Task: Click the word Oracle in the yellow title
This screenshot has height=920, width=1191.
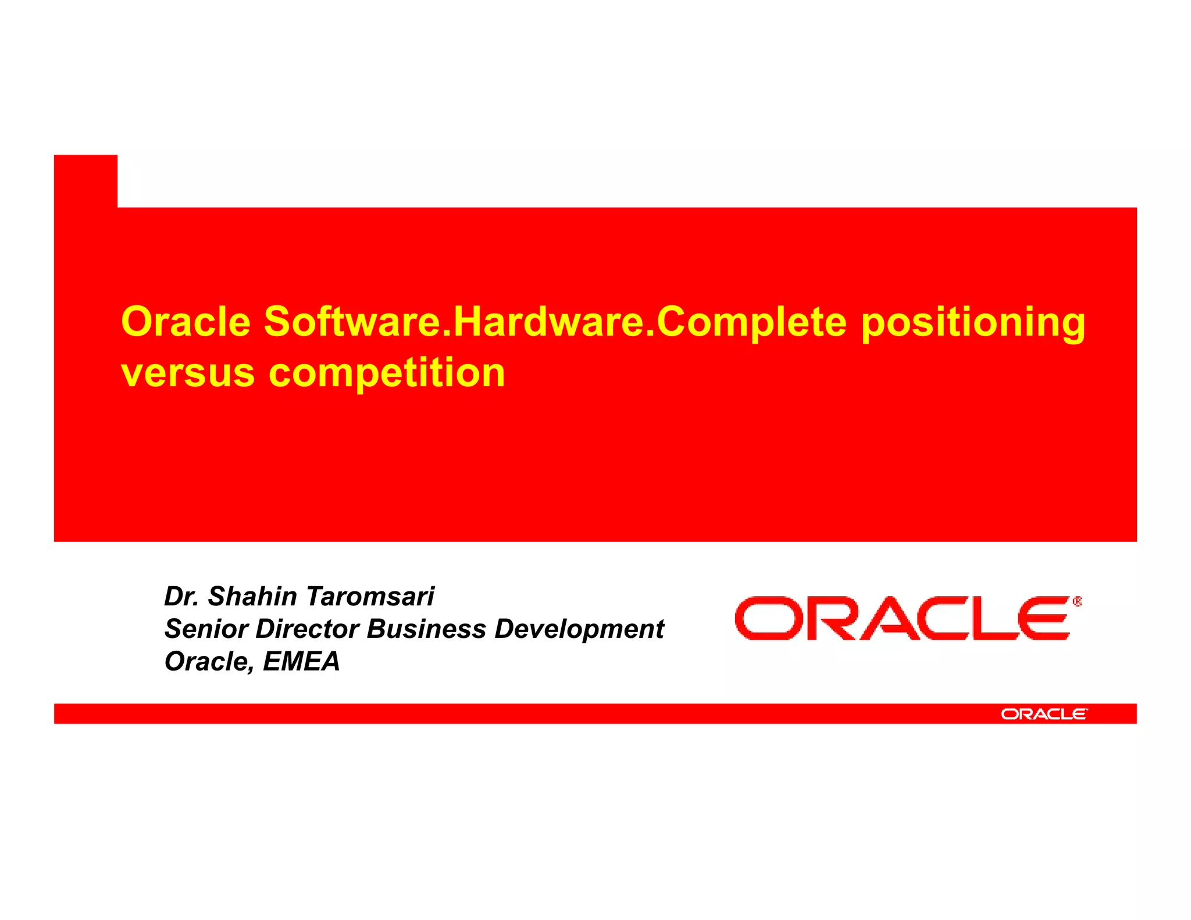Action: click(186, 322)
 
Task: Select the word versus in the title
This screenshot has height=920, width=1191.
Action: click(187, 373)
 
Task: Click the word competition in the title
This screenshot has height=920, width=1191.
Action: click(387, 374)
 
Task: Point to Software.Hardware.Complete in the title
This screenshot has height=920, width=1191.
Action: click(555, 323)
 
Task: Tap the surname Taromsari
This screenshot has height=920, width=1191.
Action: click(370, 597)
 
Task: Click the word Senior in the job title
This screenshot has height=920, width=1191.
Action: click(205, 629)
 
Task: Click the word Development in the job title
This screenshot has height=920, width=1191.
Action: click(579, 629)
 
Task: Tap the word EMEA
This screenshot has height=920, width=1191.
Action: click(301, 662)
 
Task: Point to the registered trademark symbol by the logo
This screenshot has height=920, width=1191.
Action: click(1077, 602)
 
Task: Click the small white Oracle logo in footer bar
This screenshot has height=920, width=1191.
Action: click(1043, 714)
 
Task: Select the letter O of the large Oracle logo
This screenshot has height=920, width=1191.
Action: click(764, 618)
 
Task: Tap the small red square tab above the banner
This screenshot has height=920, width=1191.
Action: click(85, 181)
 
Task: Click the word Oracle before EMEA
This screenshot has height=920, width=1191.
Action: click(207, 662)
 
